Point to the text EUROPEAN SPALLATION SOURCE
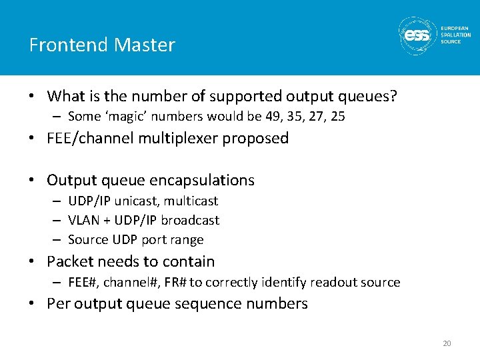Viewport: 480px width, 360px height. (x=455, y=35)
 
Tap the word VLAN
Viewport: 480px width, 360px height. (x=84, y=220)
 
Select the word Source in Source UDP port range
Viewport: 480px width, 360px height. (x=88, y=239)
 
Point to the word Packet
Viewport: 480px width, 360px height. (x=71, y=261)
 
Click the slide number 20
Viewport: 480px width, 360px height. (x=446, y=344)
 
